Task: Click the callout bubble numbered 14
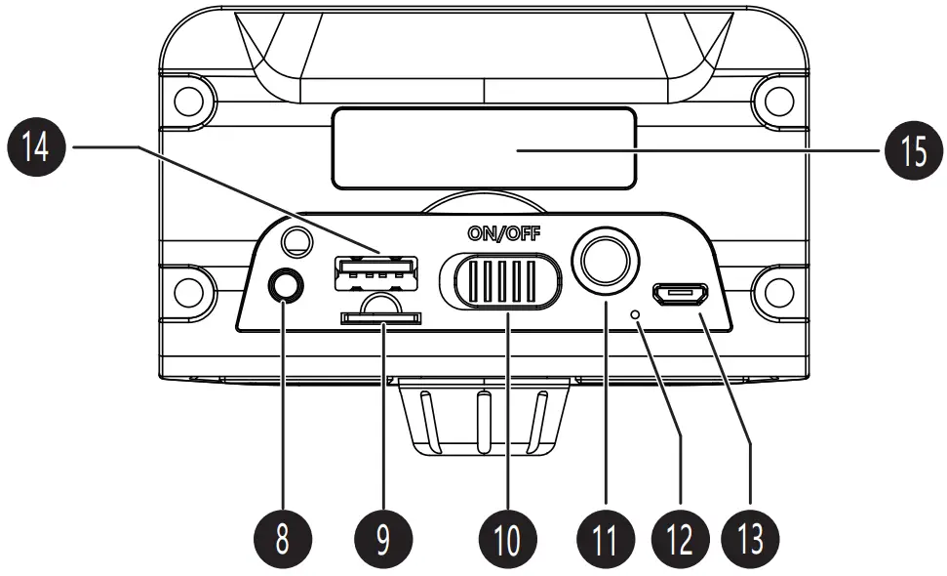(x=37, y=148)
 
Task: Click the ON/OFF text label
(x=503, y=233)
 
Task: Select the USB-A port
(x=375, y=272)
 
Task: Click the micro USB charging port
(x=682, y=293)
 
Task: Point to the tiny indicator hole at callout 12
(x=638, y=314)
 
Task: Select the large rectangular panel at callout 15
(x=484, y=148)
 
